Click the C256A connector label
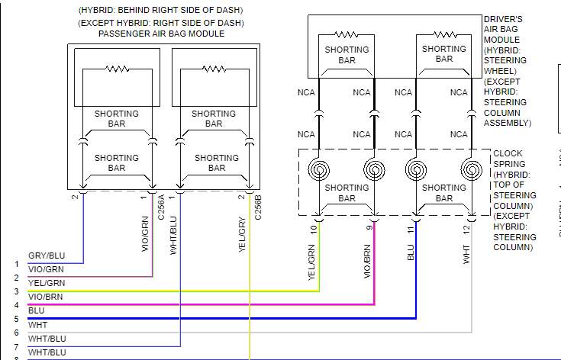pos(161,208)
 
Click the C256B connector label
pos(258,208)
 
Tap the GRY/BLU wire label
pos(47,256)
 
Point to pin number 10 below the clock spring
pos(313,229)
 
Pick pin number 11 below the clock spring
pos(411,229)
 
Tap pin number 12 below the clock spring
pos(466,229)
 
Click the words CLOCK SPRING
pos(508,159)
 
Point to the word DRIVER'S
pos(503,18)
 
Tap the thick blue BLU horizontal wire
pos(229,317)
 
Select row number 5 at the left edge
pos(16,320)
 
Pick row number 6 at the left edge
pos(16,333)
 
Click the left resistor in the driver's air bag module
pos(347,34)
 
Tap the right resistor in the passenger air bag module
pos(213,68)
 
